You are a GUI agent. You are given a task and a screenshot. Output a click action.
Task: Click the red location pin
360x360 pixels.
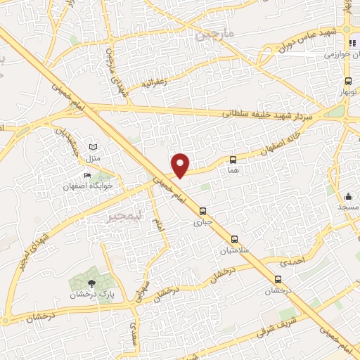(x=181, y=165)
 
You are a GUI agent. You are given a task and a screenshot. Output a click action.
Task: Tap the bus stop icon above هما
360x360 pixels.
(x=233, y=160)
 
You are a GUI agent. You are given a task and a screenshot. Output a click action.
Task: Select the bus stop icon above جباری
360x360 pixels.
(x=202, y=211)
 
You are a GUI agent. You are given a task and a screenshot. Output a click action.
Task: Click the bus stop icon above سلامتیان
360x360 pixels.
(x=235, y=238)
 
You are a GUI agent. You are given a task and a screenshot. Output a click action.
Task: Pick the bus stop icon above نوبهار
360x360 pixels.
(x=347, y=82)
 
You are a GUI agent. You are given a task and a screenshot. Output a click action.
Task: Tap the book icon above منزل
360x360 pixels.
(x=92, y=146)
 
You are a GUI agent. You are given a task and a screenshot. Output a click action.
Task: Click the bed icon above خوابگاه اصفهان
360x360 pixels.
(x=87, y=176)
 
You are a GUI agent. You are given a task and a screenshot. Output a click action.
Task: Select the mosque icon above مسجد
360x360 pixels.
(x=348, y=197)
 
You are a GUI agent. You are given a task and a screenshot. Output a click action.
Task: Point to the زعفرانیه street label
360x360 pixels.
(x=156, y=83)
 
